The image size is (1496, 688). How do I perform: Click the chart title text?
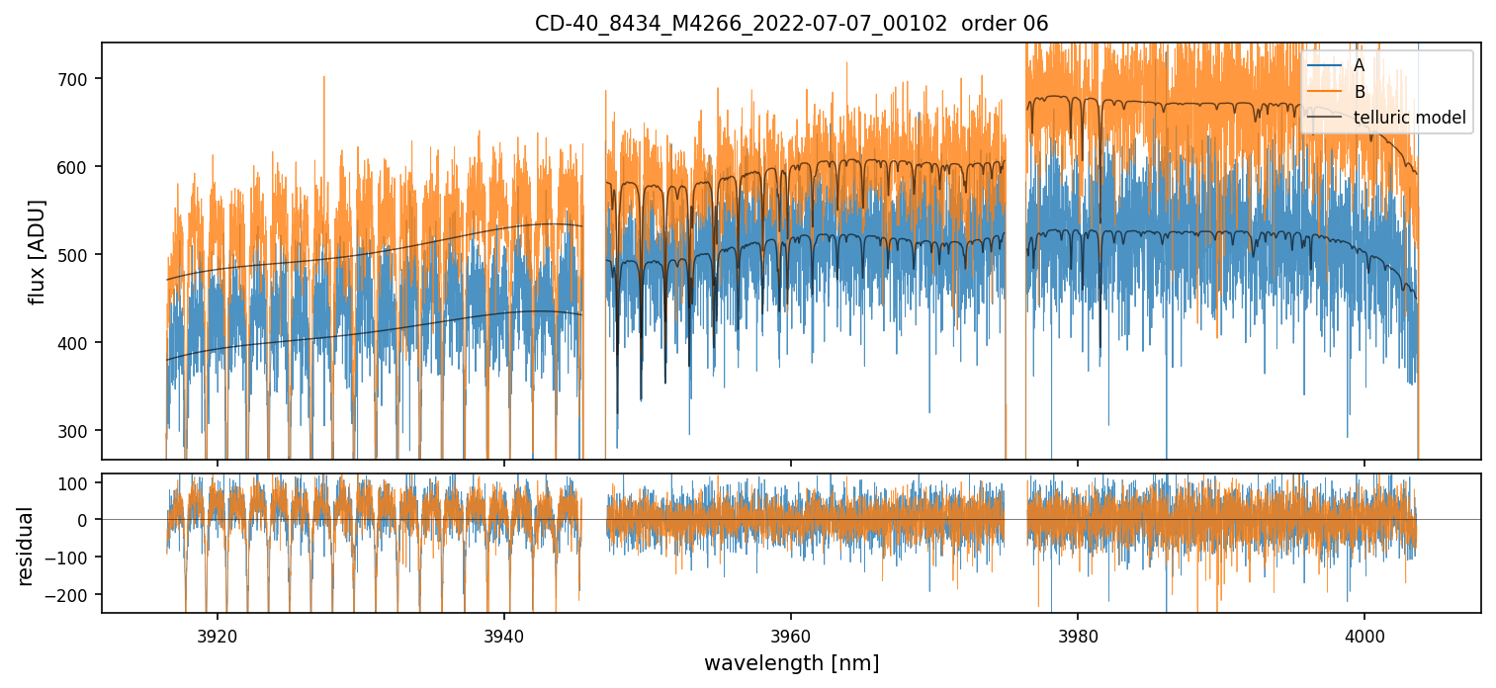[791, 23]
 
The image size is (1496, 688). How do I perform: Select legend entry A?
[1359, 65]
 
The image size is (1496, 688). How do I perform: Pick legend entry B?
[1359, 92]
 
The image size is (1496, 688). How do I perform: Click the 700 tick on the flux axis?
[79, 79]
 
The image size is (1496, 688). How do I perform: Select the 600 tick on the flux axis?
[79, 167]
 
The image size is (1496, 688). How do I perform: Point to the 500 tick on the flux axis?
[79, 255]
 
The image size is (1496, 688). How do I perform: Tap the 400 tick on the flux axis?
[79, 343]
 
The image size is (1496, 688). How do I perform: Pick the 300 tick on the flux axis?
[79, 431]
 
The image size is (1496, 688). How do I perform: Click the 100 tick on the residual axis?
[77, 482]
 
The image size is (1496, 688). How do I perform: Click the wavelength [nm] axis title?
[791, 662]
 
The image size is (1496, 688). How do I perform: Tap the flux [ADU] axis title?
[37, 251]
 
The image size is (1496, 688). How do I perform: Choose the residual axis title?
[25, 545]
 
